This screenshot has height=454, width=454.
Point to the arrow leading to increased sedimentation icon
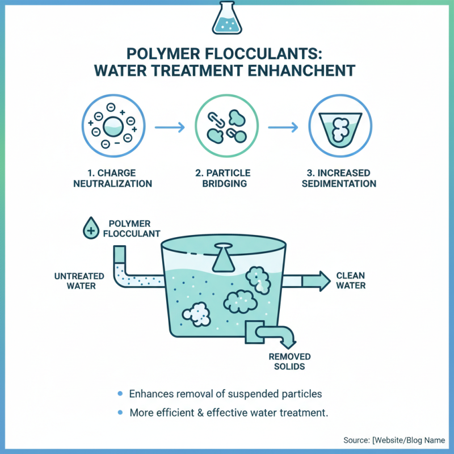(284, 126)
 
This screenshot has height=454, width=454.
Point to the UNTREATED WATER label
(79, 281)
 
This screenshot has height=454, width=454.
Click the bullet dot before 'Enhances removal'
(119, 393)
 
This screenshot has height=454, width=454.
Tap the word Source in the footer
(357, 440)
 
